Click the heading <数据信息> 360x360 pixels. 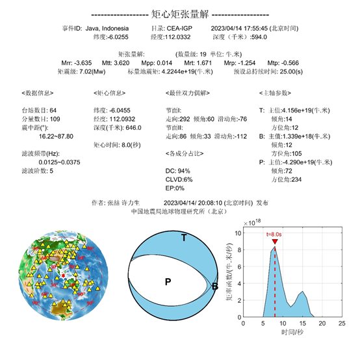pyautogui.click(x=36, y=93)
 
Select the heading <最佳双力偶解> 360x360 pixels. pyautogui.click(x=188, y=93)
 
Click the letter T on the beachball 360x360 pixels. pyautogui.click(x=184, y=238)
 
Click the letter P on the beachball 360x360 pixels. pyautogui.click(x=168, y=281)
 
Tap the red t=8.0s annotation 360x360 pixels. pyautogui.click(x=276, y=233)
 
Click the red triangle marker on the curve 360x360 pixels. pyautogui.click(x=276, y=242)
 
